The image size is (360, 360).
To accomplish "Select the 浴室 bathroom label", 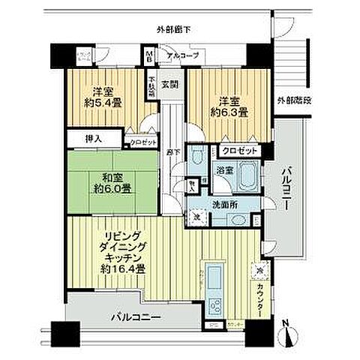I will pos(224,170).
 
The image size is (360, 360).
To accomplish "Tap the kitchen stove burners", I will pos(214,306).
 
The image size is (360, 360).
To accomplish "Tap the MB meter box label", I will pos(149,56).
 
